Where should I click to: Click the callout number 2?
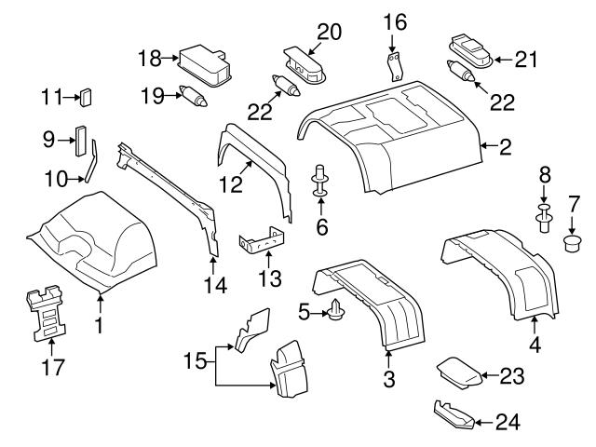coord(505,146)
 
